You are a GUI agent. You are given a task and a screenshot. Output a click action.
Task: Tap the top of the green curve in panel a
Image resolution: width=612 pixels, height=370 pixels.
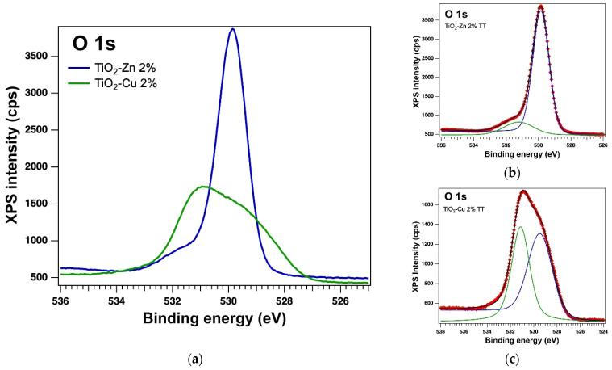pyautogui.click(x=203, y=187)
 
